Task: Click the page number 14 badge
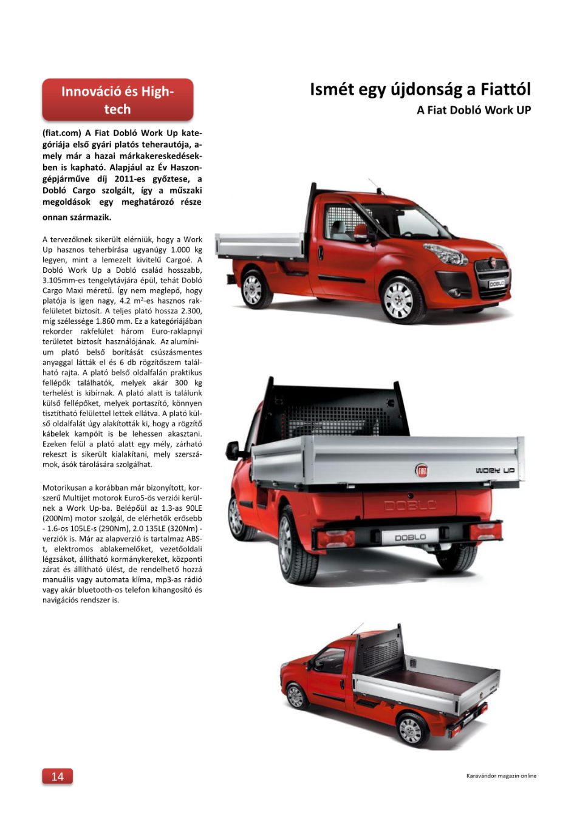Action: (x=57, y=776)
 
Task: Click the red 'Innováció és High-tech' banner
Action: (x=117, y=100)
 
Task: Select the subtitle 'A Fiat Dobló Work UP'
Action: (x=474, y=110)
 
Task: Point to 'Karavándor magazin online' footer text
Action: (x=501, y=776)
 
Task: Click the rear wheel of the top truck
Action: (x=253, y=289)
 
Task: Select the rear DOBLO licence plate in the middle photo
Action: (x=410, y=537)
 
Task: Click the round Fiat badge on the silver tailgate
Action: (x=422, y=470)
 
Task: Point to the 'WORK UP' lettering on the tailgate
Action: (x=495, y=471)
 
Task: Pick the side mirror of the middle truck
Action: (x=232, y=451)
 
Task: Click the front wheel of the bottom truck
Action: (x=296, y=696)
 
